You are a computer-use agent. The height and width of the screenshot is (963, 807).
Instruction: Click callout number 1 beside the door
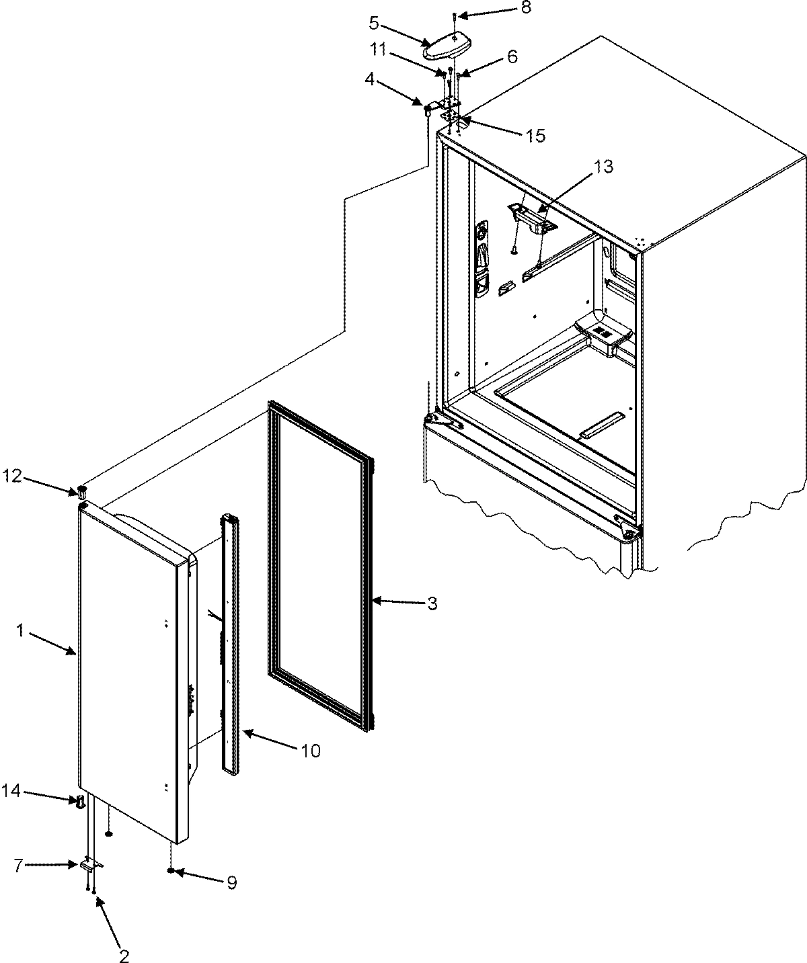pos(21,631)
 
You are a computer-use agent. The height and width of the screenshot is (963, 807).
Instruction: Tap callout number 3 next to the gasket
pos(432,603)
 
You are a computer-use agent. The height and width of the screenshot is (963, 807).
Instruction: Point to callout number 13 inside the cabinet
pos(604,167)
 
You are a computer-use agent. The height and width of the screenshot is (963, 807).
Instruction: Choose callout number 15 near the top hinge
pos(536,135)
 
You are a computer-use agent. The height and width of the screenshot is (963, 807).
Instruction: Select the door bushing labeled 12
pos(82,490)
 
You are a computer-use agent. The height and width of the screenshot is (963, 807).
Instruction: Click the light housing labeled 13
pos(531,219)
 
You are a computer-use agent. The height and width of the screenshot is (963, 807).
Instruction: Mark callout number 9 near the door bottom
pos(231,882)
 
